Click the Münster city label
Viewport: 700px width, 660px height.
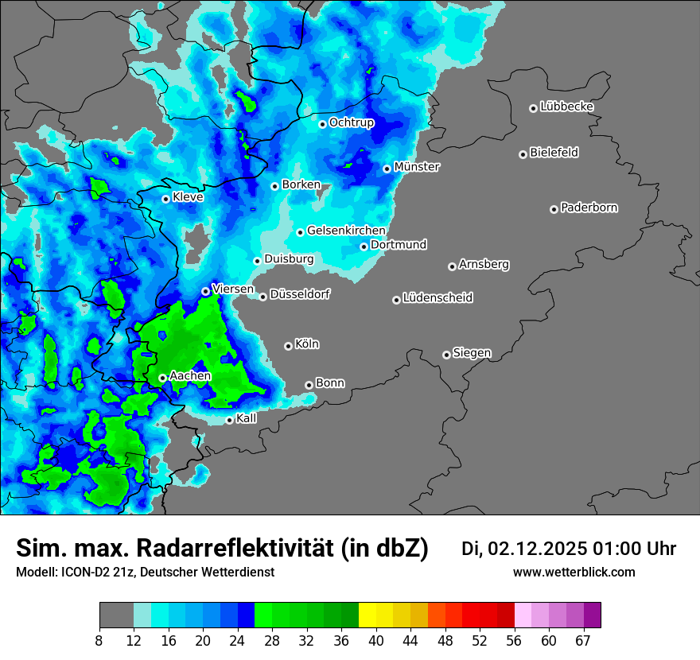pos(417,167)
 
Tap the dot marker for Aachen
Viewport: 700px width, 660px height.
pos(162,378)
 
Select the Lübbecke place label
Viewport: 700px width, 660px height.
pos(566,107)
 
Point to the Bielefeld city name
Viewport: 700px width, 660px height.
pos(554,153)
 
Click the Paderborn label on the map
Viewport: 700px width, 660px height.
pos(589,208)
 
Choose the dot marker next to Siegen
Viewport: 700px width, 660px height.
pos(446,355)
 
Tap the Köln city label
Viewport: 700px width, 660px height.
pos(306,344)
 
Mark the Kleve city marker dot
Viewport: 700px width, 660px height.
pos(165,199)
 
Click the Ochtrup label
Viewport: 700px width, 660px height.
pos(351,122)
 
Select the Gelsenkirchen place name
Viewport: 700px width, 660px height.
pos(346,231)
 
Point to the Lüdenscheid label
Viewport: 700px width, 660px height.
pos(437,298)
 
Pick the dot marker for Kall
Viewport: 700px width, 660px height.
pos(229,420)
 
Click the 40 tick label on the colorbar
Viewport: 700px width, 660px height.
pos(376,640)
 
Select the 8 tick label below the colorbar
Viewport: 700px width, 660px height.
pos(99,640)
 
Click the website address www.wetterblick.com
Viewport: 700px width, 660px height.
pos(574,573)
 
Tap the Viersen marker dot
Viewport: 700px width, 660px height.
pos(205,291)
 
